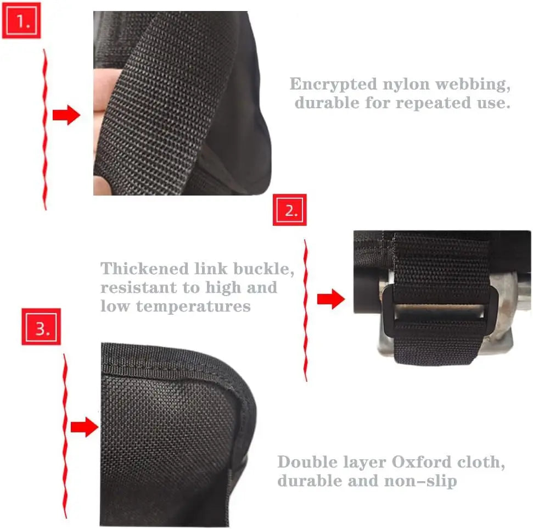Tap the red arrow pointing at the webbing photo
pos(66,115)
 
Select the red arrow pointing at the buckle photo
pos(331,299)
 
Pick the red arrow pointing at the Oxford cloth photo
pos(84,426)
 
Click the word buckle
pos(264,270)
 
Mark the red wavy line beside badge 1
pos(44,129)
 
